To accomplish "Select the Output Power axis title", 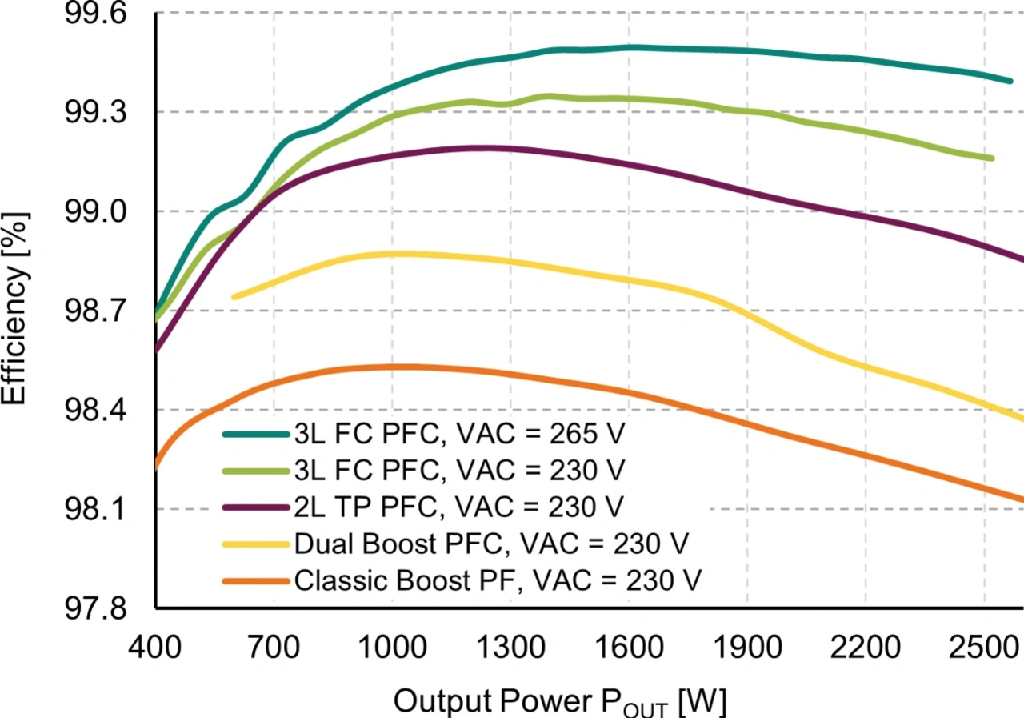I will click(x=560, y=701).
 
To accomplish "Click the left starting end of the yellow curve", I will click(x=234, y=297).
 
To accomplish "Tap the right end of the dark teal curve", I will click(x=1010, y=81).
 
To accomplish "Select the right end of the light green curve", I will click(x=991, y=158).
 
